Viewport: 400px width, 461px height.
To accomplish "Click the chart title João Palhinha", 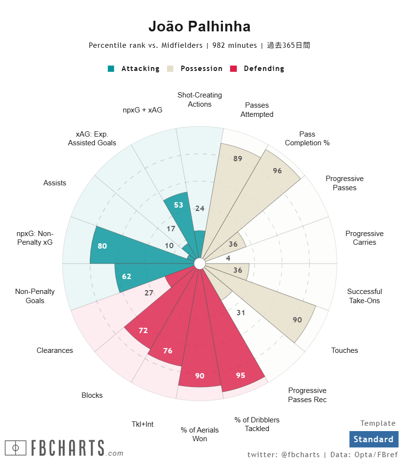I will tap(199, 26).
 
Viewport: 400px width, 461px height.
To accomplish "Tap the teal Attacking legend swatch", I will tap(111, 69).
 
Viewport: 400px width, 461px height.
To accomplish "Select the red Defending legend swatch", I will tap(234, 69).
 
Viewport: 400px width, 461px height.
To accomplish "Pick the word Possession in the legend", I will tap(201, 69).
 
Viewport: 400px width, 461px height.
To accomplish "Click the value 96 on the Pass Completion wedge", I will tap(277, 170).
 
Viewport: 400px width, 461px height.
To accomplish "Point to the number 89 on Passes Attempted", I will tap(237, 158).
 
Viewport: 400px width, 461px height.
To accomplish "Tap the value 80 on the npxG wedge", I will tap(102, 246).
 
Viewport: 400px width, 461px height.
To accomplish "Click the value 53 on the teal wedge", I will tap(179, 205).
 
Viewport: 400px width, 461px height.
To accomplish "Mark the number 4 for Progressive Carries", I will tap(228, 258).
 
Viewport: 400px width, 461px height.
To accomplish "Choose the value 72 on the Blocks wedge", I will tap(143, 330).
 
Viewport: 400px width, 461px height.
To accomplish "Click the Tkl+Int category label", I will tap(142, 424).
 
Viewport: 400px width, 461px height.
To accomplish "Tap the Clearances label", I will tap(55, 350).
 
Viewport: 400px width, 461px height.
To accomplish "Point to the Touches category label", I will tap(345, 350).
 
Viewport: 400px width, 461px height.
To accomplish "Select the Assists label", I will tap(55, 183).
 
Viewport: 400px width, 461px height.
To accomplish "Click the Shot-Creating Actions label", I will tap(200, 99).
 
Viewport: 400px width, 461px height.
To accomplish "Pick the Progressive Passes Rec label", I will tap(307, 395).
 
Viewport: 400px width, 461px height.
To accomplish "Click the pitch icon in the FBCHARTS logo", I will tap(15, 448).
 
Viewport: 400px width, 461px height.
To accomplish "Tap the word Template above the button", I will tap(378, 423).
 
